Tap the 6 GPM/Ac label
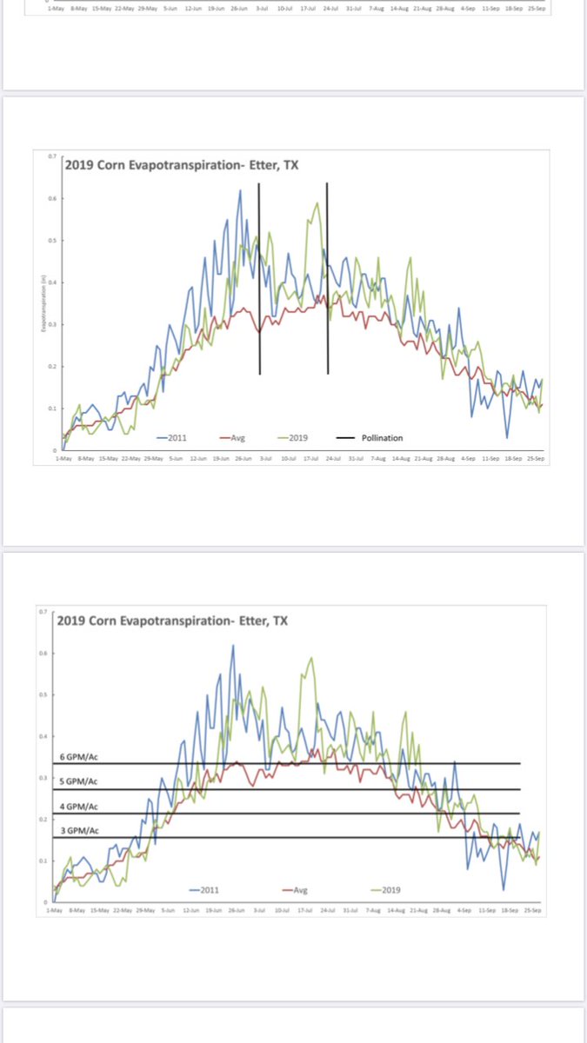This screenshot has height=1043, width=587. (79, 758)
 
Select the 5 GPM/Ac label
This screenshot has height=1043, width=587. (79, 782)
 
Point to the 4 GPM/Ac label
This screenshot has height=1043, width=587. (79, 807)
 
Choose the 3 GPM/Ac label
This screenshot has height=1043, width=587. (79, 831)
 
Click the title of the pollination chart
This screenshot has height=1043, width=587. (182, 166)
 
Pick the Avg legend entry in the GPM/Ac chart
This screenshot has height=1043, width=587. (299, 890)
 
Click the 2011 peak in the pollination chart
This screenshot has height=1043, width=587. (240, 190)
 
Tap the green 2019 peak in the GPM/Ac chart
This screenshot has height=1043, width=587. (311, 658)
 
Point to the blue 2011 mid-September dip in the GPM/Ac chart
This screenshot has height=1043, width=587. (503, 890)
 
